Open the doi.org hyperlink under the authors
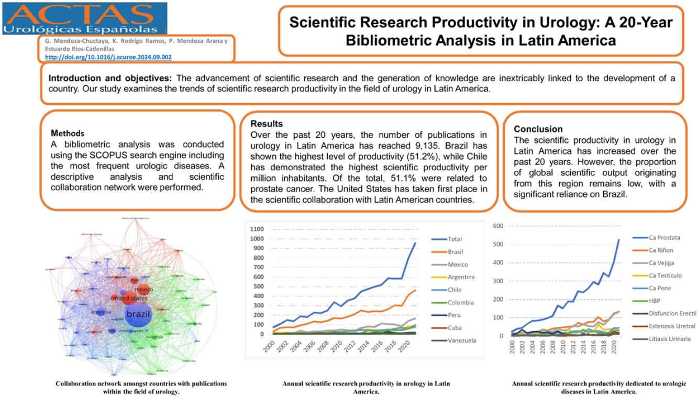tap(108, 57)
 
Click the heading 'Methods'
tap(68, 134)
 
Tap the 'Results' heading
tap(267, 124)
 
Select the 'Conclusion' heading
tap(538, 129)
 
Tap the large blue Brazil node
tap(137, 314)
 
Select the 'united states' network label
tap(129, 298)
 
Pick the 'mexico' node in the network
tap(143, 289)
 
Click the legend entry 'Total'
tap(455, 239)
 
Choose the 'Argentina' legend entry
tap(461, 277)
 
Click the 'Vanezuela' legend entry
tap(462, 340)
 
